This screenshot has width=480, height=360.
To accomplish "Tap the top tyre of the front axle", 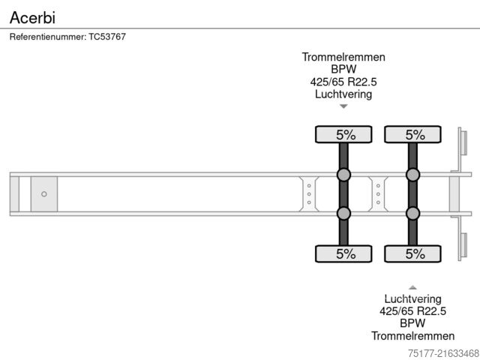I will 343,135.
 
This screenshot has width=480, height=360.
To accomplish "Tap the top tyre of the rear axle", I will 413,135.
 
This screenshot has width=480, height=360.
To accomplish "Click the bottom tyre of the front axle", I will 343,253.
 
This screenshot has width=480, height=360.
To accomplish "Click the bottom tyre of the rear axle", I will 413,253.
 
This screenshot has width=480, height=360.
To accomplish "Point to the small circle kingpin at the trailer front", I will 43,194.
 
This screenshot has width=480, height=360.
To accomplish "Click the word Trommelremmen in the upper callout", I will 343,57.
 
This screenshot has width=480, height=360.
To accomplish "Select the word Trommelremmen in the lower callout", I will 412,336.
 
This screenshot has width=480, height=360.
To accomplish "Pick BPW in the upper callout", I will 343,70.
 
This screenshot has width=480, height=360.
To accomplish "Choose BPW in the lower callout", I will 412,323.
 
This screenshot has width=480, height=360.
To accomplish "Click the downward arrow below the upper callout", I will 343,106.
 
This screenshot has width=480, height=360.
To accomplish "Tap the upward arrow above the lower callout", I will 412,287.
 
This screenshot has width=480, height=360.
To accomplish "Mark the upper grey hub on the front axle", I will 343,175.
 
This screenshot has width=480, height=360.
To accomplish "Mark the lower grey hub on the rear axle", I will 413,214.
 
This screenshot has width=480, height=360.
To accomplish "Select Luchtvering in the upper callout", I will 343,94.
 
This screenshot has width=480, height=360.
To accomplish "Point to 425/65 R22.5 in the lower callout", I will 412,311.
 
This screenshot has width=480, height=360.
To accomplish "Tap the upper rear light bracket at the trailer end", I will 463,143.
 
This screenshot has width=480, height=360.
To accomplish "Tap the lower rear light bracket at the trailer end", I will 463,246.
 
